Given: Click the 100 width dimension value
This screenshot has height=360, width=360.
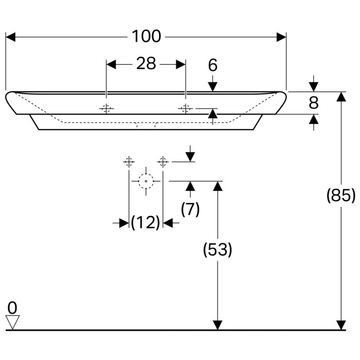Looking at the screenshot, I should [146, 37].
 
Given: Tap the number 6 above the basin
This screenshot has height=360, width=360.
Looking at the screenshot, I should [213, 65].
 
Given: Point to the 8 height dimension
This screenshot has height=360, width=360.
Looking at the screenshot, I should [314, 103].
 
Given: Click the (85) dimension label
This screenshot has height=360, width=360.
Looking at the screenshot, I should [341, 195].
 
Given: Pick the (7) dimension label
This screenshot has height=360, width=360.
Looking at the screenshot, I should [190, 209].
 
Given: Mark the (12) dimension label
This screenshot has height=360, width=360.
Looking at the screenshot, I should [146, 223].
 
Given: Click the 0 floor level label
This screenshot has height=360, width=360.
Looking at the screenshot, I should [12, 308].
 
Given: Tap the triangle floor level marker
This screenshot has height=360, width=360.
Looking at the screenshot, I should [12, 322].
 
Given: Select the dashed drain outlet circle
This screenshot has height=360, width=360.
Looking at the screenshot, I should [147, 181].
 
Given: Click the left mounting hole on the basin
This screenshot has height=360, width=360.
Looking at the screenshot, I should [106, 109].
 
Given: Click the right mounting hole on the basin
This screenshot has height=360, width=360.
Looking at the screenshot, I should [185, 109].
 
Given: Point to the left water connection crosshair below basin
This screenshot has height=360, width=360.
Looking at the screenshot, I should [129, 162].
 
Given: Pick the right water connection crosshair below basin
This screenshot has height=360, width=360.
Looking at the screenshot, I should [163, 162].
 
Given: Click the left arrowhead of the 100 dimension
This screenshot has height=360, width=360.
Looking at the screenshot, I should [10, 37].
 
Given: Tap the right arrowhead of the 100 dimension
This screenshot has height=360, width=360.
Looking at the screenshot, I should [281, 37].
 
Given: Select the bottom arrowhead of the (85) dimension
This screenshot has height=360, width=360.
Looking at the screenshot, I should [341, 325].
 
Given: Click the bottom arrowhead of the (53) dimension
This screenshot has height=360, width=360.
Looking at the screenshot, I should [218, 325].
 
